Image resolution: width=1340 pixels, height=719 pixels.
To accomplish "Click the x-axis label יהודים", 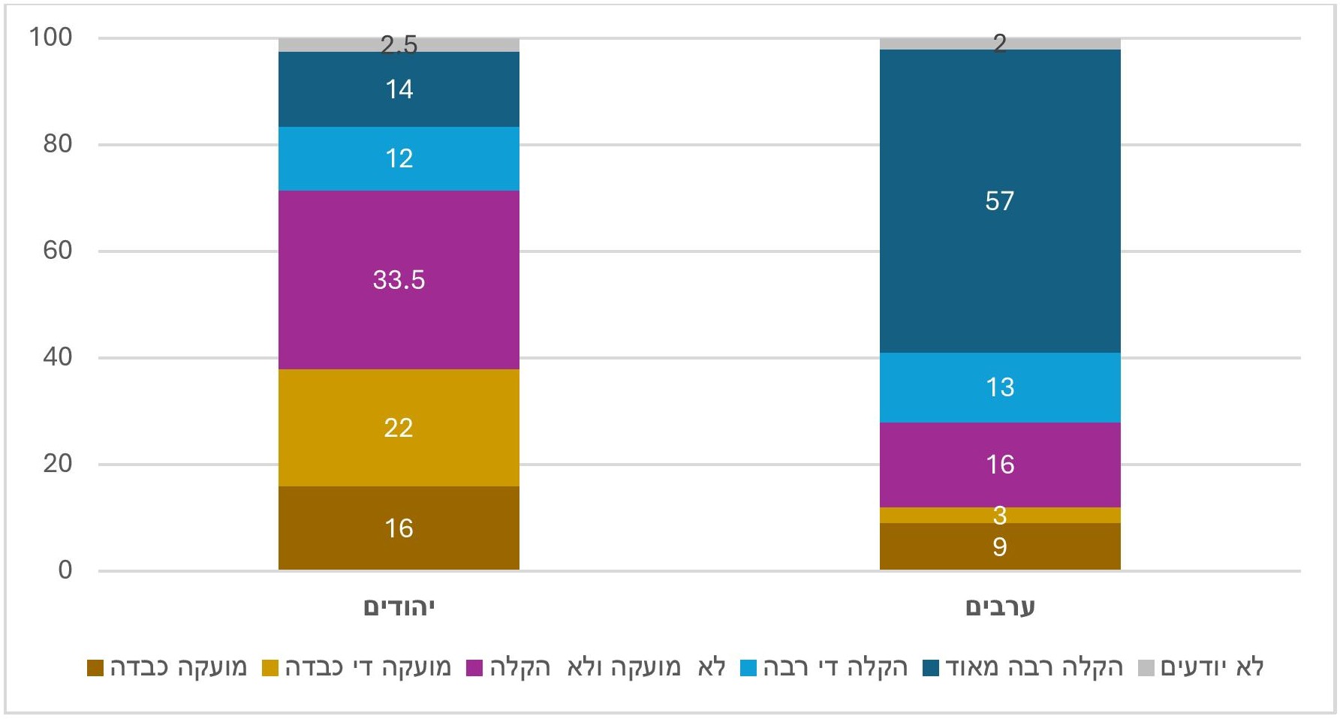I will point(399,606).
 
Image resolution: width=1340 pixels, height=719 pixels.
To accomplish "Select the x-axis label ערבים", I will point(999,606).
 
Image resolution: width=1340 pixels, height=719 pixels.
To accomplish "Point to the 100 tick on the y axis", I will point(50,37).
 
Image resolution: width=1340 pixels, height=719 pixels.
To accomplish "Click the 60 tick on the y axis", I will point(57,250).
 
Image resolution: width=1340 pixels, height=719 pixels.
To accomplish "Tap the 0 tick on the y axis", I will point(65,570).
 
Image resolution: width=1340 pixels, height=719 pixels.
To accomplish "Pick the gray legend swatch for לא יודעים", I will point(1146,667).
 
